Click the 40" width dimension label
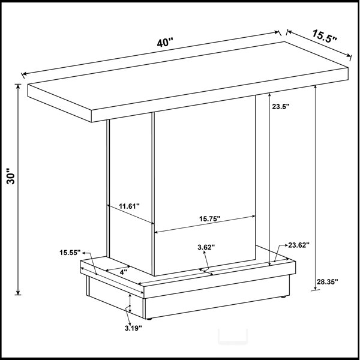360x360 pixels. tap(164, 42)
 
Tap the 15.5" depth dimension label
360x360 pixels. tap(324, 36)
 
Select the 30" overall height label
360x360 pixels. tap(11, 176)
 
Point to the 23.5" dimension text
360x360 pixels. tap(281, 106)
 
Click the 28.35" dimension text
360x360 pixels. tap(328, 281)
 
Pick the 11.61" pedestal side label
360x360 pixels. tap(129, 206)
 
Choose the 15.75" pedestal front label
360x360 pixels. tap(210, 218)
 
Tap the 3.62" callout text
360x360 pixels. tap(206, 247)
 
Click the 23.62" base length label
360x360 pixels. tap(299, 245)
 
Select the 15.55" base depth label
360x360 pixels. tap(70, 253)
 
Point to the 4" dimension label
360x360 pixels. tap(124, 272)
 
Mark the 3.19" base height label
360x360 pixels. tap(133, 328)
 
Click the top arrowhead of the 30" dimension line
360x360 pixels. tap(18, 86)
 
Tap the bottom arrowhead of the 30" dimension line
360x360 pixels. tap(18, 293)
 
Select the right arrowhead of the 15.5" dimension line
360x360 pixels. tap(349, 55)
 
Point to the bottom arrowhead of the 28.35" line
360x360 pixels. tap(316, 288)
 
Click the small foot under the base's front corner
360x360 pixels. tap(149, 319)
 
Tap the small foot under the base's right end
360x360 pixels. tap(284, 297)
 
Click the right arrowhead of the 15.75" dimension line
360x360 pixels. tap(253, 216)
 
